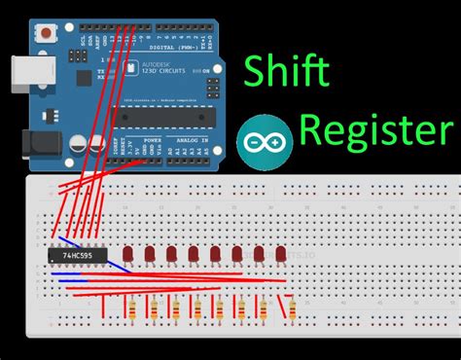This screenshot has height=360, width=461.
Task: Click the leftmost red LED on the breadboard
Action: [x=129, y=255]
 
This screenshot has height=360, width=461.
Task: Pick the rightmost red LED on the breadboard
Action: [x=280, y=255]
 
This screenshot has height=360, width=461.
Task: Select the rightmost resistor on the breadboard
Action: [x=293, y=309]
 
